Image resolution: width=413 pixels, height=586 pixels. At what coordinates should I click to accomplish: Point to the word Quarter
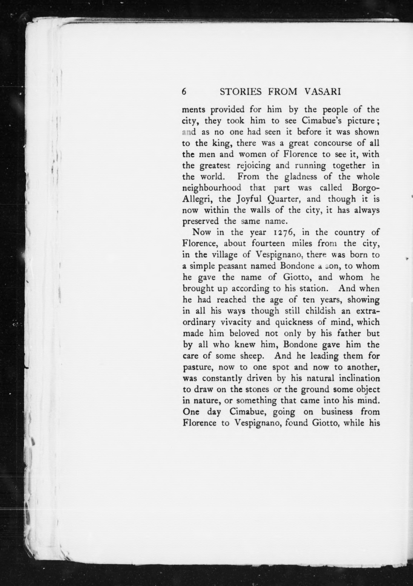(284, 199)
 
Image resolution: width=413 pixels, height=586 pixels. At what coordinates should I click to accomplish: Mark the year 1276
(284, 233)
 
